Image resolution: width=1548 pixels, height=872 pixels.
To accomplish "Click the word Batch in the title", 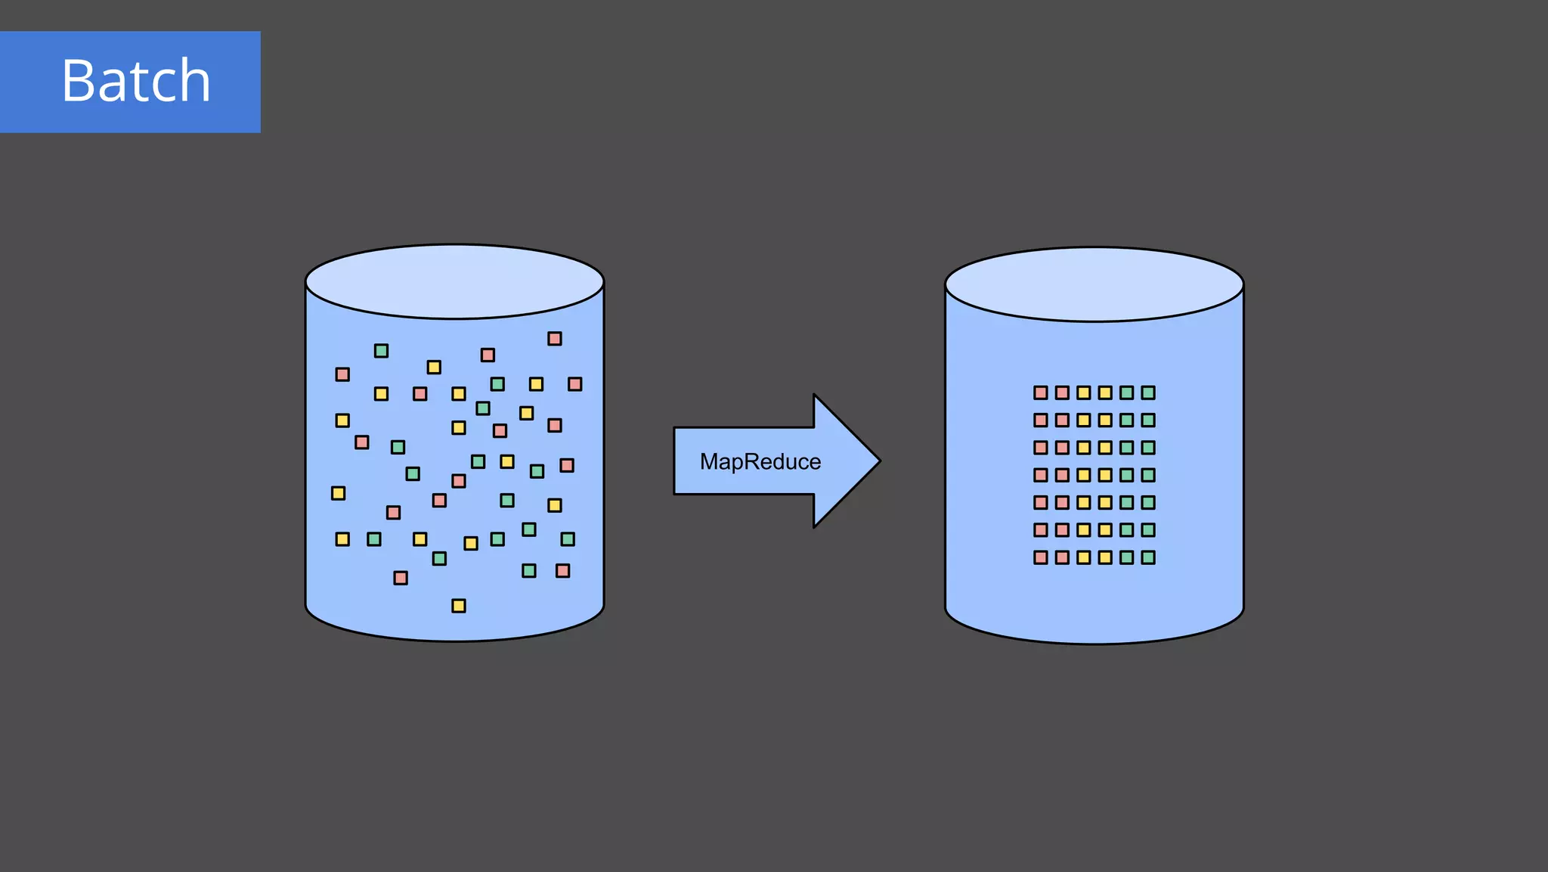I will (136, 81).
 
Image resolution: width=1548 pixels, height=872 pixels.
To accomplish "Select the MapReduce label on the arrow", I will (760, 461).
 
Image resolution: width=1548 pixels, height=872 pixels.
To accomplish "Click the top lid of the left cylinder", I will (454, 281).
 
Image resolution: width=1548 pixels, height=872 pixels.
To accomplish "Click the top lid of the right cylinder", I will (1094, 284).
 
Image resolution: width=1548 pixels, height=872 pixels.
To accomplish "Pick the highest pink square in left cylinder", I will (555, 339).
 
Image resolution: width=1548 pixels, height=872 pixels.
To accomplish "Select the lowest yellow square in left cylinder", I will (459, 606).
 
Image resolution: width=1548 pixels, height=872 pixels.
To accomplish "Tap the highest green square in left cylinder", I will (382, 351).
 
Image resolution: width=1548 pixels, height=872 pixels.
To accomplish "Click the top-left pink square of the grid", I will (1041, 393).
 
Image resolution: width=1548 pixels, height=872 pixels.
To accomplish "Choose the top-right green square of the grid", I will (1148, 393).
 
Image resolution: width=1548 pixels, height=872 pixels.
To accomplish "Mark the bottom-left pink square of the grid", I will (1041, 557).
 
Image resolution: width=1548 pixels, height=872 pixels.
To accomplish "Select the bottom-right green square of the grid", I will (1148, 557).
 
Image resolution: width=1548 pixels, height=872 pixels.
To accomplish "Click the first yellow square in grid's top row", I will (1084, 393).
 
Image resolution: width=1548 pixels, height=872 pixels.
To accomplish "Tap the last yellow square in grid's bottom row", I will (1105, 557).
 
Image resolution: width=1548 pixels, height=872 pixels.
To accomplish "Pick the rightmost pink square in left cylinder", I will (575, 384).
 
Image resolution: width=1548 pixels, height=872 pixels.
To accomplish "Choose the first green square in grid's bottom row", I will (1127, 557).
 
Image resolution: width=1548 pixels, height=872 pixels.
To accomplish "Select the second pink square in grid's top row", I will (1062, 393).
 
